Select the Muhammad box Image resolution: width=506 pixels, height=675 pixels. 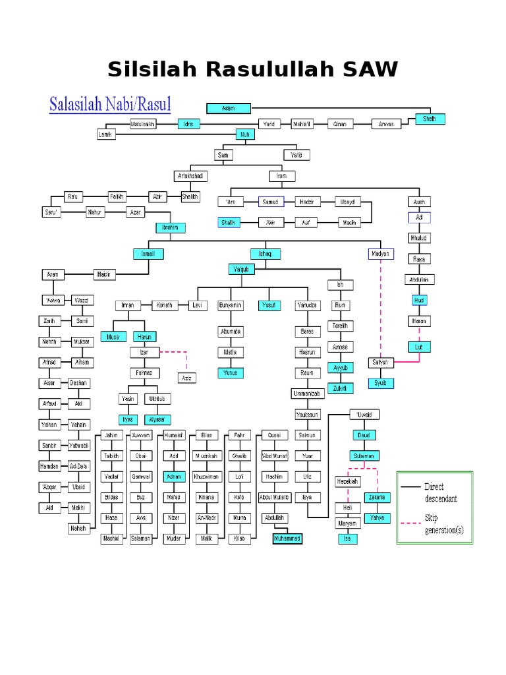pyautogui.click(x=287, y=538)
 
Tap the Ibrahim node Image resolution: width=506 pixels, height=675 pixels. pyautogui.click(x=171, y=227)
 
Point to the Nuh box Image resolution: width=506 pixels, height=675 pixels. pyautogui.click(x=245, y=134)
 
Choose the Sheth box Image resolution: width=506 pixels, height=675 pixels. pyautogui.click(x=430, y=119)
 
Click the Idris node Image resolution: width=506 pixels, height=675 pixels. pyautogui.click(x=188, y=123)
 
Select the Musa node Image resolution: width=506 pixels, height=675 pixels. pyautogui.click(x=113, y=337)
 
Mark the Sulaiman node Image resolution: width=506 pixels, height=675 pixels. pyautogui.click(x=362, y=455)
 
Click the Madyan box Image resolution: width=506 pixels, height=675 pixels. pyautogui.click(x=379, y=253)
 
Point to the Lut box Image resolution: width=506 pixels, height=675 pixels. pyautogui.click(x=418, y=346)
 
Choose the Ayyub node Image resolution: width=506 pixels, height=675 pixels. pyautogui.click(x=341, y=367)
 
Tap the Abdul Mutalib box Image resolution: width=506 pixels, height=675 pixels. pyautogui.click(x=274, y=497)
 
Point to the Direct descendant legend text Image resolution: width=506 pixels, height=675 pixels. pyautogui.click(x=440, y=492)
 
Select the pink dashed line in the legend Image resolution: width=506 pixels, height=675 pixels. pyautogui.click(x=411, y=523)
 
